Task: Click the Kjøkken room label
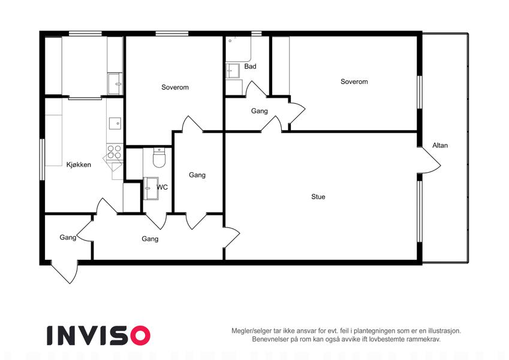click(79, 165)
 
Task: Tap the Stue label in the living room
click(318, 197)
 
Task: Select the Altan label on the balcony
click(440, 145)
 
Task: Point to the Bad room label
click(250, 66)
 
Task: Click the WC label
click(162, 187)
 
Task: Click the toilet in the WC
click(159, 158)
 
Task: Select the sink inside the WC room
click(150, 188)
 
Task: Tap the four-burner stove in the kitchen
click(115, 152)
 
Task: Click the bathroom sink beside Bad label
click(233, 71)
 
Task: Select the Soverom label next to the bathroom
click(354, 82)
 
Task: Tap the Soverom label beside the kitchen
click(175, 87)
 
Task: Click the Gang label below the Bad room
click(260, 111)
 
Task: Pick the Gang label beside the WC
click(197, 175)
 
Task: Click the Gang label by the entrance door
click(68, 238)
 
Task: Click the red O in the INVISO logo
click(140, 335)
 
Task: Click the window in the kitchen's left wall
click(42, 159)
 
